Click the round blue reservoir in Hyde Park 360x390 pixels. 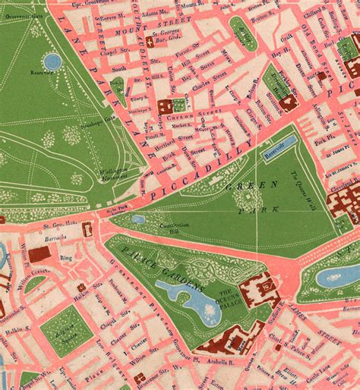[x=52, y=61]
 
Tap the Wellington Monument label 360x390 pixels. [x=111, y=173]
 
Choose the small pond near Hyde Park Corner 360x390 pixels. [x=138, y=219]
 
